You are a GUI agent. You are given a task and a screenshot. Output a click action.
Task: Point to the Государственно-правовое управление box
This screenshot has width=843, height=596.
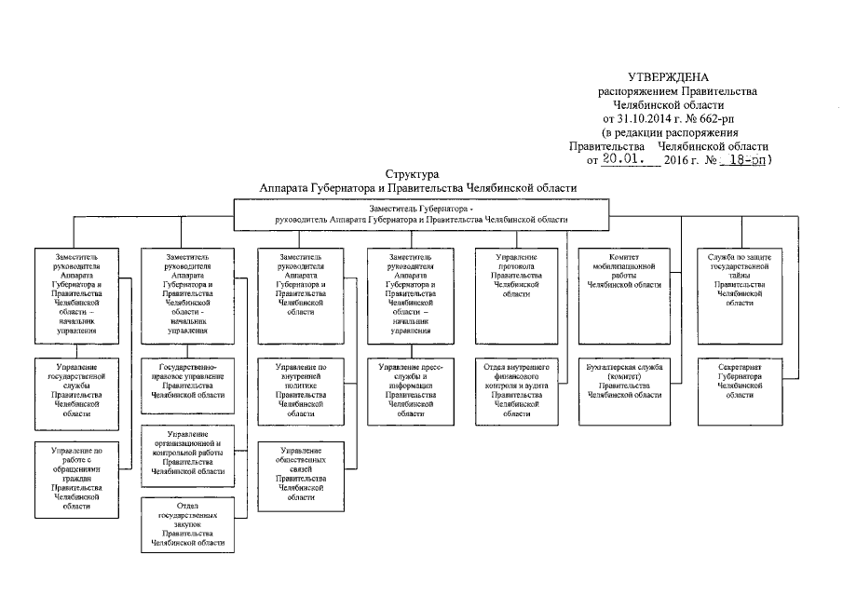186,381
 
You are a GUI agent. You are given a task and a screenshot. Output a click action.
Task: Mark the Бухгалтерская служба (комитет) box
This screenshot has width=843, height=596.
622,381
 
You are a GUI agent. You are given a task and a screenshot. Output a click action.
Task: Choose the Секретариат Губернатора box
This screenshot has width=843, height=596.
740,381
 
